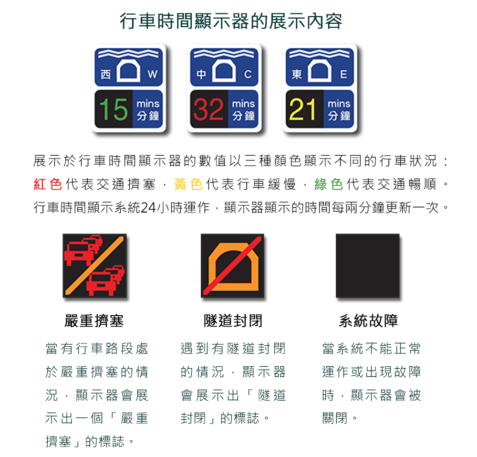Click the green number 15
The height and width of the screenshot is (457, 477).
tap(114, 109)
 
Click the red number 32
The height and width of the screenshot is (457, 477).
tap(209, 109)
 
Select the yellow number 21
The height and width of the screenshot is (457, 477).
tap(303, 109)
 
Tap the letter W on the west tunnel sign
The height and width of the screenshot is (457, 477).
tap(153, 74)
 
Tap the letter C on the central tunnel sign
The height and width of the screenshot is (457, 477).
tap(248, 74)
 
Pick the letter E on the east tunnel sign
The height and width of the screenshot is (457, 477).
tap(343, 74)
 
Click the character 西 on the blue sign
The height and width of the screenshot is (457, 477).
tap(105, 74)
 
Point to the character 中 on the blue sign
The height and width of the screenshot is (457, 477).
tap(201, 74)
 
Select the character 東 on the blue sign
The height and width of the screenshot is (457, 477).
tap(297, 74)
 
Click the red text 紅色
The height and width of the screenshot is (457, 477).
tap(48, 184)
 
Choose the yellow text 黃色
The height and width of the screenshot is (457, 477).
tap(188, 184)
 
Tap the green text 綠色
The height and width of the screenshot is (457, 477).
tap(329, 184)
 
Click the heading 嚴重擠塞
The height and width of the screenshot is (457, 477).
tap(94, 320)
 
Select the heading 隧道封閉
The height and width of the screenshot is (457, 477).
tap(233, 320)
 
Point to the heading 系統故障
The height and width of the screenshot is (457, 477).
tap(368, 320)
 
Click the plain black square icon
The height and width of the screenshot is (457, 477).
tap(367, 266)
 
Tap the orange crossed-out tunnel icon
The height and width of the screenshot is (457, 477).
tap(232, 266)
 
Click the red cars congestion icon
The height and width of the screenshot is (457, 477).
tap(94, 266)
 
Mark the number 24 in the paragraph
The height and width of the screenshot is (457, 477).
tap(148, 208)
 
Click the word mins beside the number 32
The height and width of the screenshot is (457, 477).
tap(243, 104)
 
